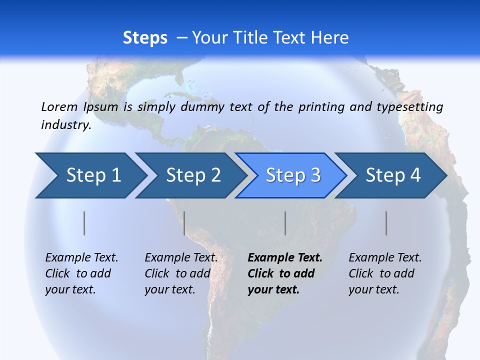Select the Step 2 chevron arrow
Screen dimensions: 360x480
coord(190,175)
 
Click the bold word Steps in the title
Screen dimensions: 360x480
coord(145,38)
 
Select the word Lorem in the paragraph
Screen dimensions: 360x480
coord(59,106)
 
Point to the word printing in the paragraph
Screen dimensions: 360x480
coord(317,106)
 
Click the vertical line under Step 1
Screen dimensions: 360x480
coord(84,223)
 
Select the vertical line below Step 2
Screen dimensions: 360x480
coord(184,223)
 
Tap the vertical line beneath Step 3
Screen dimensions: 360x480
coord(285,223)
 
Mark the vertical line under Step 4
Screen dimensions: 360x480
coord(386,223)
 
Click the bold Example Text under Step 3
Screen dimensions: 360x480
coord(285,257)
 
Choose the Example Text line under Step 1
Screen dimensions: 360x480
coord(81,257)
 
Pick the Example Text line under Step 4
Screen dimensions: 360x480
coord(385,257)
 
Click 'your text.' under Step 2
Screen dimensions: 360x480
coord(170,289)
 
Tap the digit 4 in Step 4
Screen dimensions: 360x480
coord(415,175)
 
